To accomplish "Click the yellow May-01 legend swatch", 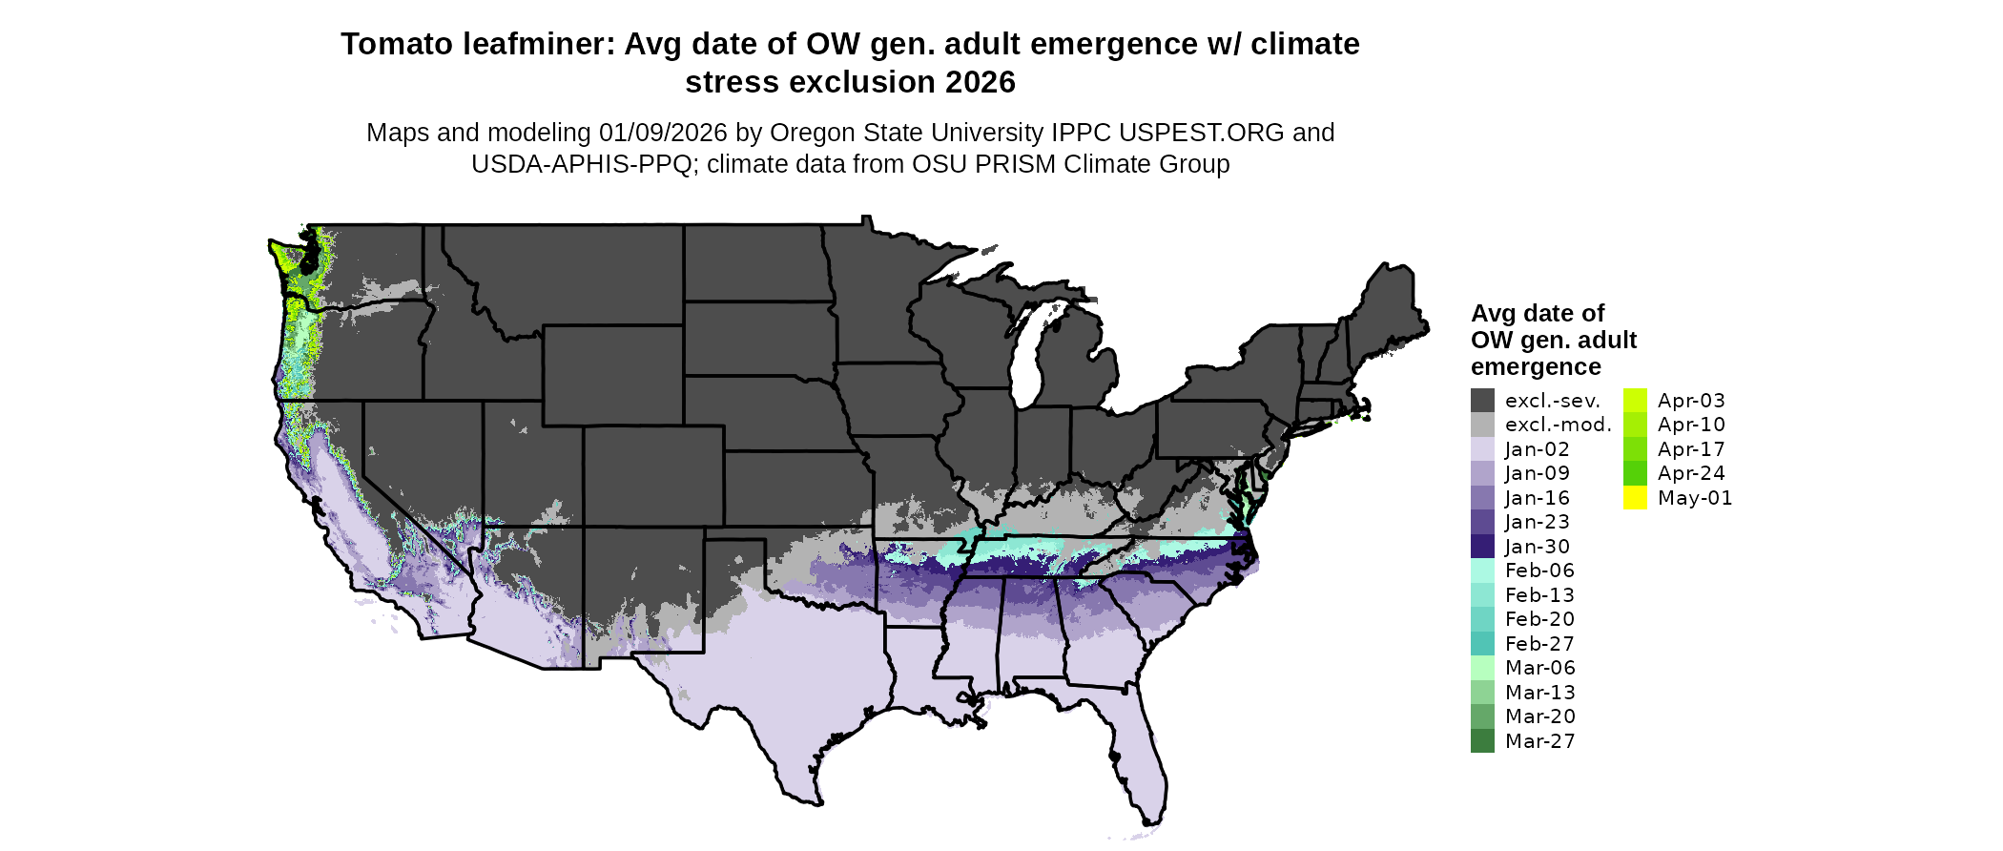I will tap(1635, 498).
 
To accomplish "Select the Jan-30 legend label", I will tap(1537, 547).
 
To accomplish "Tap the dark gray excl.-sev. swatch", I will tap(1482, 401).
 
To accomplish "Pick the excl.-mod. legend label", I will tap(1558, 425).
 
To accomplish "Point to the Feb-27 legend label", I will tap(1539, 644).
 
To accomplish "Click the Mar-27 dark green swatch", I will tap(1482, 741).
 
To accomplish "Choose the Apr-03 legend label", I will tap(1691, 401).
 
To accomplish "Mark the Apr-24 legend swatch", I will tap(1635, 473).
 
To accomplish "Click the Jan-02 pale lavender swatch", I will tap(1482, 449).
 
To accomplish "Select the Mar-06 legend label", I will tap(1539, 668).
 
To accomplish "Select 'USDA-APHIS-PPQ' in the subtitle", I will tap(582, 164).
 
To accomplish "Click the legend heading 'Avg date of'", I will tap(1537, 314).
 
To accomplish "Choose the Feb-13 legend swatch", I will tap(1482, 595).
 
